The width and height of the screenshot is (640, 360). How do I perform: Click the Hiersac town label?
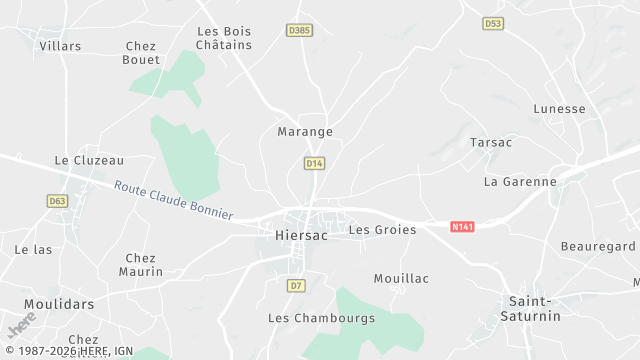tap(298, 236)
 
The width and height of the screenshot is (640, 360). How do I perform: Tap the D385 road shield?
tap(299, 30)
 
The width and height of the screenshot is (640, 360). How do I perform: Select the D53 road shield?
tap(493, 23)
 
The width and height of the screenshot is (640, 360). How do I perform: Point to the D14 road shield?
tap(314, 162)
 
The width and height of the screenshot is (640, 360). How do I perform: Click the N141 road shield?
tap(462, 227)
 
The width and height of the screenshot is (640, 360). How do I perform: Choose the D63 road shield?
tap(57, 201)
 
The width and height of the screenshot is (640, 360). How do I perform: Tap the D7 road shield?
tap(295, 286)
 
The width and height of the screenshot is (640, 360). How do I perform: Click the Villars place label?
tap(60, 46)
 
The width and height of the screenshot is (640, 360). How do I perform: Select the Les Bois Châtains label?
tap(224, 38)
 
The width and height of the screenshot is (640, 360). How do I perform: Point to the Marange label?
tap(304, 132)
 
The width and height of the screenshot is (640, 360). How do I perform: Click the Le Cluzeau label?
tap(89, 160)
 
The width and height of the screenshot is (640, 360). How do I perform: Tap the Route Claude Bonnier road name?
tap(173, 200)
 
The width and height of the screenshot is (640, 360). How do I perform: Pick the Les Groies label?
tap(382, 230)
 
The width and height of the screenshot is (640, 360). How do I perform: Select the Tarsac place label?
tap(491, 143)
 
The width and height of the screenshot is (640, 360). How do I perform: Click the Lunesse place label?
tap(559, 109)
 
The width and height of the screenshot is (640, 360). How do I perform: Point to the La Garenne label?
tap(520, 182)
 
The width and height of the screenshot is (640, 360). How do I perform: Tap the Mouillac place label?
tap(401, 279)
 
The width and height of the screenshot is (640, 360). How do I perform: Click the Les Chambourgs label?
tap(321, 319)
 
